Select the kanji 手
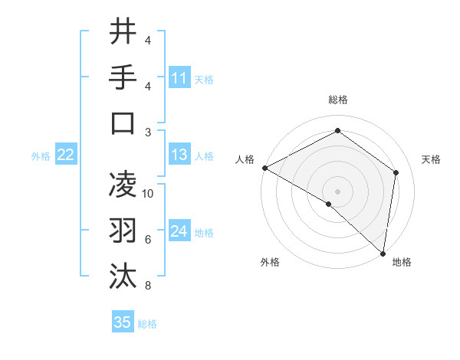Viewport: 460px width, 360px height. coord(123,77)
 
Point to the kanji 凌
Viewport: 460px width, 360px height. coord(123,185)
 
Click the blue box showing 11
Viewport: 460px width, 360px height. coord(179,78)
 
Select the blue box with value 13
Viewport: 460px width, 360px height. coord(179,155)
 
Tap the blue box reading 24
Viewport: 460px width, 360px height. coord(179,232)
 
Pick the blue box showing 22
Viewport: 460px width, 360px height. coord(65,155)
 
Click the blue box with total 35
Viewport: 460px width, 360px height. coord(122,322)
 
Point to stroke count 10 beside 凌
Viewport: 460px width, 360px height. coord(148,194)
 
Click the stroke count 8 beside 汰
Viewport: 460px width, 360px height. coord(147,286)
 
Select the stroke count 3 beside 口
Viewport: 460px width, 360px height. coord(147,133)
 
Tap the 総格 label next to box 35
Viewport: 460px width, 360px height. coord(147,324)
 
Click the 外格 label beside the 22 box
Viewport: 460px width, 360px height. coord(41,156)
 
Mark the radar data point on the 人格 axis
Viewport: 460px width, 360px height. coord(264,168)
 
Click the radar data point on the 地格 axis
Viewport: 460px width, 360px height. coord(383,252)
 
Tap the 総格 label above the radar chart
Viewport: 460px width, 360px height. coord(337,100)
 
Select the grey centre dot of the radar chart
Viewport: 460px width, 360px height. coord(337,191)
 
